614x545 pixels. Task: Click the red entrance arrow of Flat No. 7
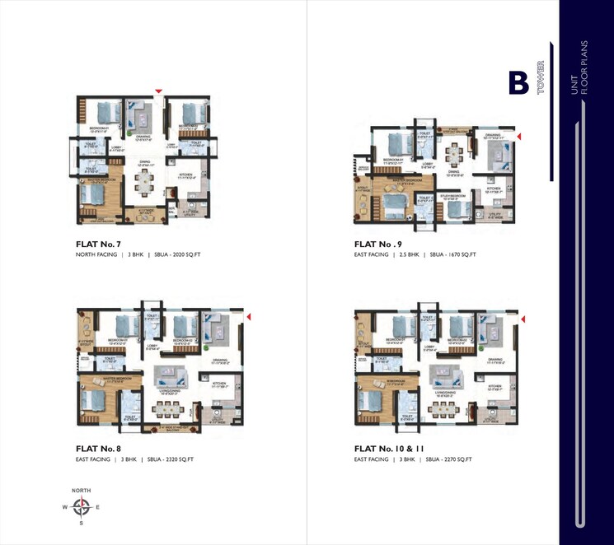pyautogui.click(x=159, y=91)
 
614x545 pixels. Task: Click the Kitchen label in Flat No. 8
pyautogui.click(x=218, y=383)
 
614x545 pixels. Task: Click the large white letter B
pyautogui.click(x=518, y=83)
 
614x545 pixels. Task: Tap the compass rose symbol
pyautogui.click(x=81, y=507)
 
